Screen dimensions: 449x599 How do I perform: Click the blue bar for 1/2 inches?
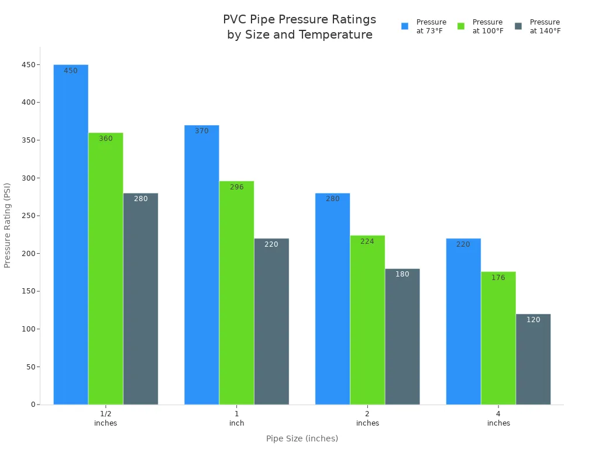coord(71,234)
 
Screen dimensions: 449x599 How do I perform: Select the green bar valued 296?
coord(236,293)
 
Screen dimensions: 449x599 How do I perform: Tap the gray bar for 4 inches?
coord(533,359)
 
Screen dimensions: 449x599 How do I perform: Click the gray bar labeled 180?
coord(402,337)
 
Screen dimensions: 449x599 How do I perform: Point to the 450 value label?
coord(71,71)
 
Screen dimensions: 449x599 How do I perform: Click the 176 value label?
coord(498,278)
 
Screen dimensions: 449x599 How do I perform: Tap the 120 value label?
coord(533,320)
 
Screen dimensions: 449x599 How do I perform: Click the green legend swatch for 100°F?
coord(461,26)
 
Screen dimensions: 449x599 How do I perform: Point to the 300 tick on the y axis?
coord(29,178)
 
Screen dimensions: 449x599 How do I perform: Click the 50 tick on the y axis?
coord(30,367)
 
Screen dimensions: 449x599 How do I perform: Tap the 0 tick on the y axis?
coord(33,405)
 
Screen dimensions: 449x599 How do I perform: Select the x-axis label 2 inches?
coord(367,418)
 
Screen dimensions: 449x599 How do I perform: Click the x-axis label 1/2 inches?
coord(106,418)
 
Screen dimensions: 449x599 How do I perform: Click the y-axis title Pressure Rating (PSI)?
coord(8,225)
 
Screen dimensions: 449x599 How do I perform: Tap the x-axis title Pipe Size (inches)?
coord(302,438)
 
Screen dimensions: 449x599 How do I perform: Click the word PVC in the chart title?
coord(235,19)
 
